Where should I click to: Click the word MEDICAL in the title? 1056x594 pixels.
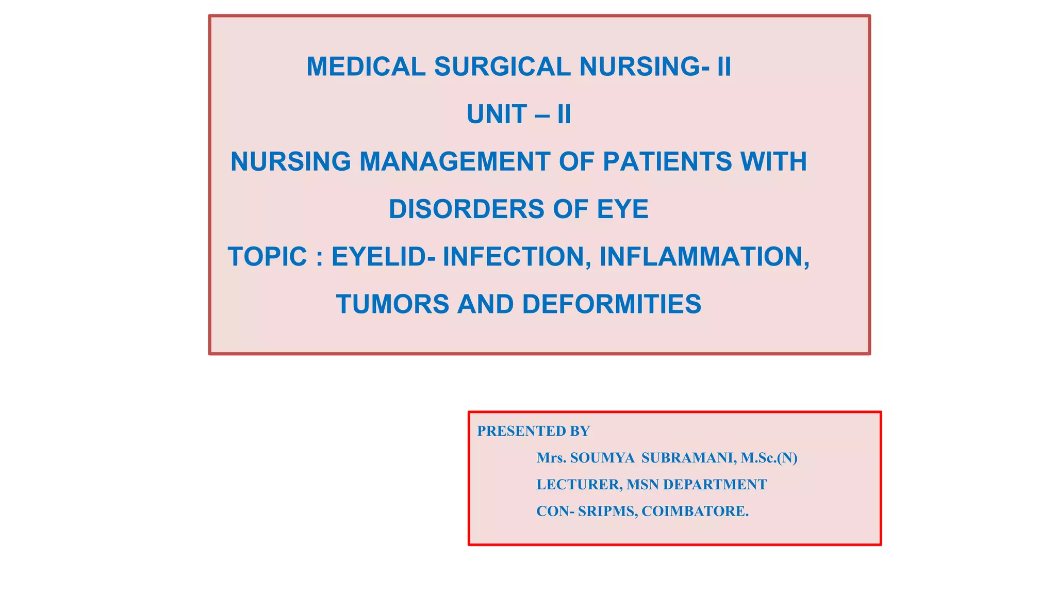coord(366,67)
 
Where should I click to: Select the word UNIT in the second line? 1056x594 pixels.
coord(497,114)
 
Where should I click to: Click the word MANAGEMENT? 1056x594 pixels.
coord(455,162)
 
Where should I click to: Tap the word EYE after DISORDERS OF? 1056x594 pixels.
coord(622,209)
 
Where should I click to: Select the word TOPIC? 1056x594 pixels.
coord(268,257)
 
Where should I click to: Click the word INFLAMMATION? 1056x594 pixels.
coord(704,257)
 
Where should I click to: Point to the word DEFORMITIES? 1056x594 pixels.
coord(612,304)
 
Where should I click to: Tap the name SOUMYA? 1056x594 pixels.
coord(602,458)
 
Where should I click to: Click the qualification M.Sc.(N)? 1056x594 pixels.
coord(769,458)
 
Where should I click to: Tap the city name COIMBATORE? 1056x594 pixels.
coord(695,511)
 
